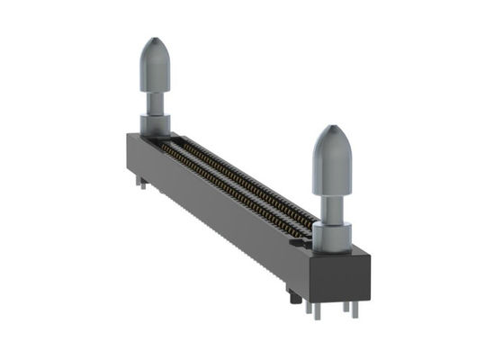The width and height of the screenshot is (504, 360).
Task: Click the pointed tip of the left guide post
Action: click(x=155, y=42)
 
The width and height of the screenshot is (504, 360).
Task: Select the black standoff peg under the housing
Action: click(x=292, y=294)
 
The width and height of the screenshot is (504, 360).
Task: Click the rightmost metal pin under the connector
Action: click(x=355, y=309)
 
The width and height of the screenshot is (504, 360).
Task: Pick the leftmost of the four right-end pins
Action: click(x=309, y=309)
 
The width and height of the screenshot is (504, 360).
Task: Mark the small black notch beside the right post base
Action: click(x=306, y=236)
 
